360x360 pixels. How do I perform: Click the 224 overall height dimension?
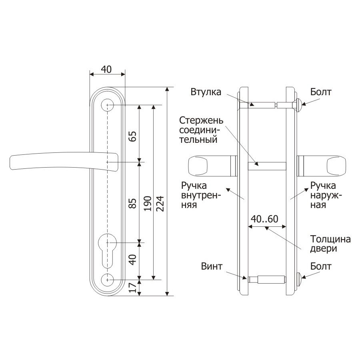(x=160, y=204)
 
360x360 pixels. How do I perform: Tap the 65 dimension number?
(x=133, y=136)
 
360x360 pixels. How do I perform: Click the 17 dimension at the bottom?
(x=133, y=287)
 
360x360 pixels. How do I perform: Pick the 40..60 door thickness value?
(x=264, y=219)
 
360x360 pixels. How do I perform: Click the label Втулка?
(x=206, y=92)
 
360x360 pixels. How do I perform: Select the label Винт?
(x=212, y=266)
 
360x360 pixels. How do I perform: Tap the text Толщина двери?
(x=330, y=244)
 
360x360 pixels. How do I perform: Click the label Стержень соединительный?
(x=201, y=130)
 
